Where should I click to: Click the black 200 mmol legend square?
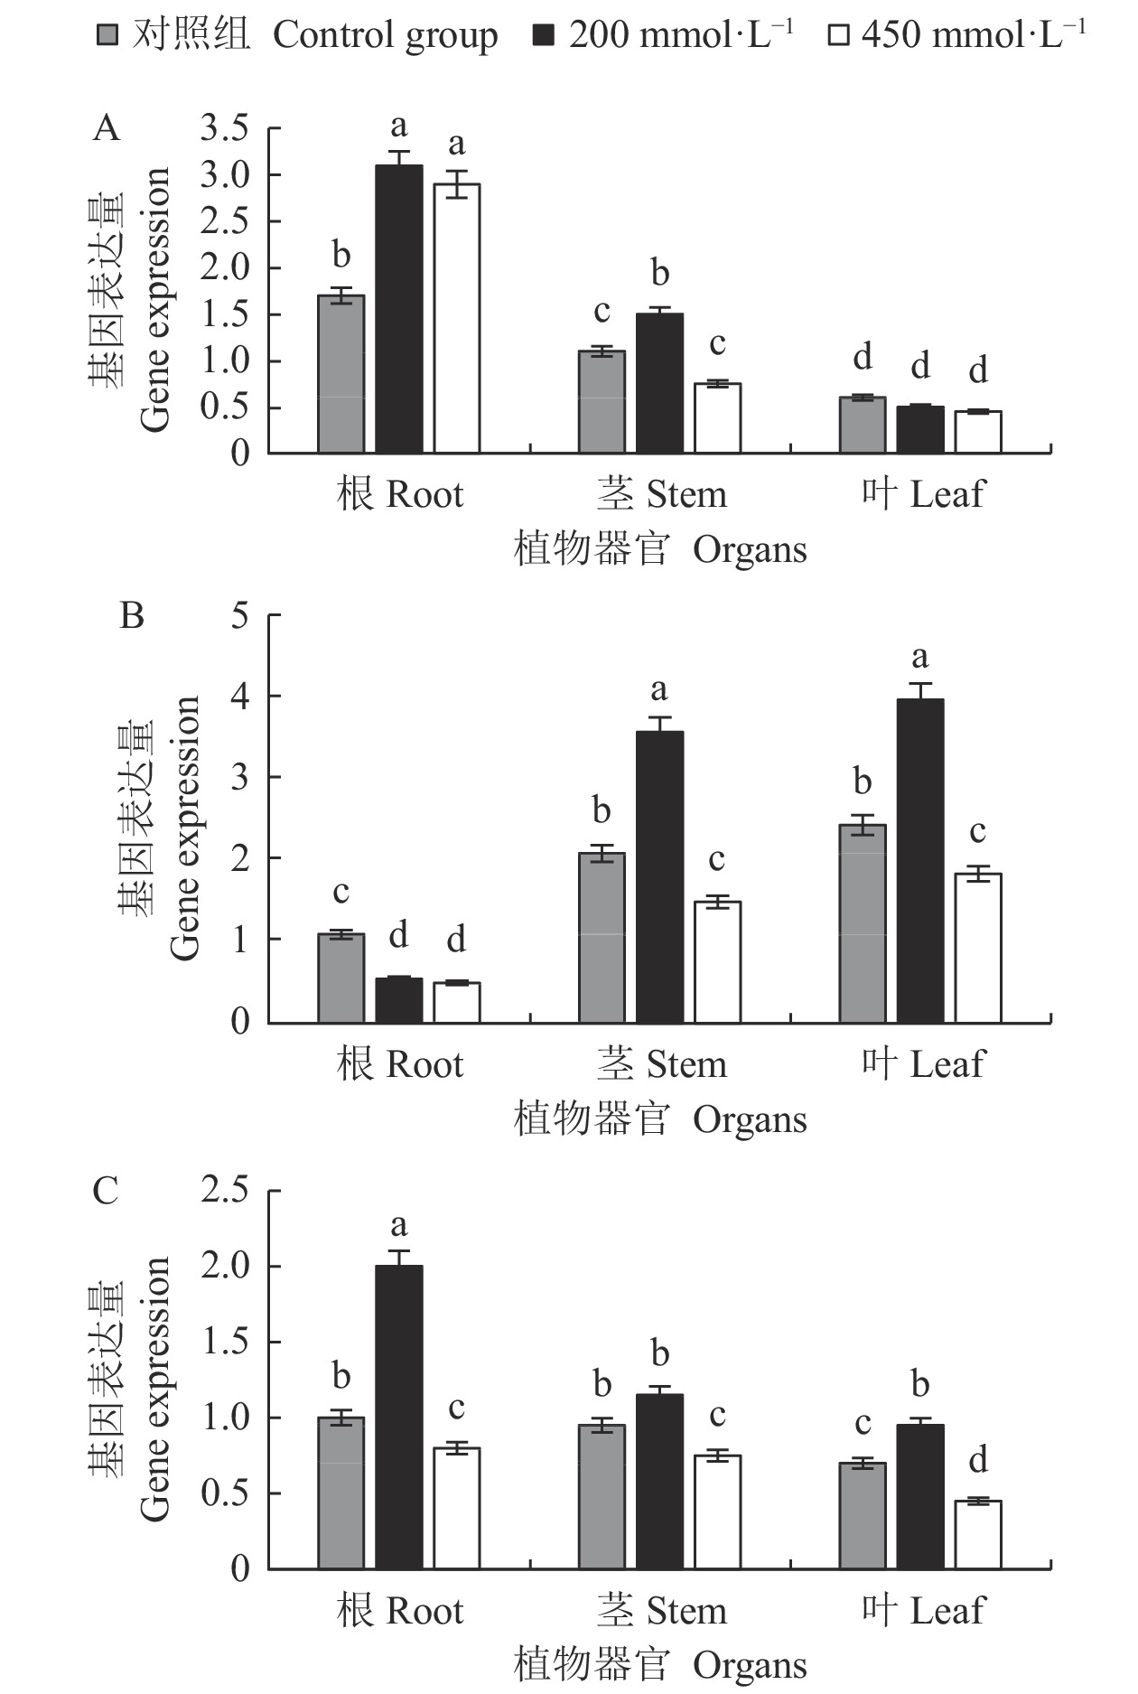[x=544, y=36]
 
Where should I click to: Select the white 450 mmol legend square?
[x=839, y=36]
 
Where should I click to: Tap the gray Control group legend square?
[x=107, y=36]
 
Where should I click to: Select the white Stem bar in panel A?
[x=717, y=418]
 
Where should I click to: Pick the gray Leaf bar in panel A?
[x=863, y=426]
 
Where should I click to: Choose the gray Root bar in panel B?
[x=341, y=978]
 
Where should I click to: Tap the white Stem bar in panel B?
[x=717, y=962]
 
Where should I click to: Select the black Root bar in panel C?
[x=399, y=1418]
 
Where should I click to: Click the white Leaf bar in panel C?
[x=978, y=1535]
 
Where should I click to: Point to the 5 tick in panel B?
[x=239, y=617]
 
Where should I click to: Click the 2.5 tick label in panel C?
[x=224, y=1190]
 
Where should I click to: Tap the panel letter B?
[x=132, y=616]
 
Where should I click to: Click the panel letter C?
[x=106, y=1191]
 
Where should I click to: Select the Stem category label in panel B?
[x=661, y=1064]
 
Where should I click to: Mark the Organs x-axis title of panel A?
[x=660, y=549]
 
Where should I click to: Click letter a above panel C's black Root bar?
[x=399, y=1225]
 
